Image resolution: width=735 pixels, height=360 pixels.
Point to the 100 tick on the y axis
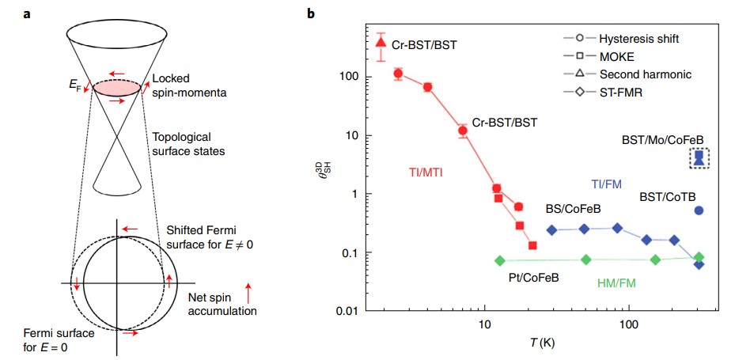pos(350,77)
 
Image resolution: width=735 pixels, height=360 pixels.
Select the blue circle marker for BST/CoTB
pos(699,210)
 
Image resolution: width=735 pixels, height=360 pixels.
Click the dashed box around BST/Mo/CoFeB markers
pos(699,159)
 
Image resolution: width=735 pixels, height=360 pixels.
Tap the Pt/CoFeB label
pos(533,278)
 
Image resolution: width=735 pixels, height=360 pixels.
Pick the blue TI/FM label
pos(606,184)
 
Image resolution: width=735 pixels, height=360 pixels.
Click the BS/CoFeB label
pos(572,210)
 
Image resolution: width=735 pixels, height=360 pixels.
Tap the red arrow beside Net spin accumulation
pos(250,295)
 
